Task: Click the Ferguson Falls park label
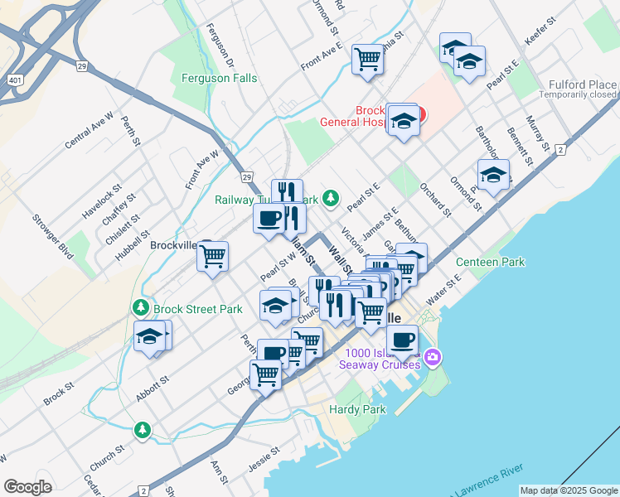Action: (x=219, y=79)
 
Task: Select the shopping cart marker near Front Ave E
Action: (x=367, y=59)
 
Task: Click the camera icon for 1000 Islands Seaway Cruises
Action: (x=434, y=357)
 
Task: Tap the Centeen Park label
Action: (x=491, y=263)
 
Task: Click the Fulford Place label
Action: (x=583, y=84)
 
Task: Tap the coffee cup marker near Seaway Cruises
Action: (x=402, y=340)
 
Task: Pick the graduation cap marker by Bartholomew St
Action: (x=493, y=175)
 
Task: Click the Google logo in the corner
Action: (x=27, y=487)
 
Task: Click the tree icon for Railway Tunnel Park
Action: (x=331, y=198)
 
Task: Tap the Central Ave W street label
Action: (x=89, y=130)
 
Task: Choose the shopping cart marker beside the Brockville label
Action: (x=212, y=257)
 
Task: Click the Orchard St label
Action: (x=435, y=200)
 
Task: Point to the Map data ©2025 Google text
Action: (x=568, y=490)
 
